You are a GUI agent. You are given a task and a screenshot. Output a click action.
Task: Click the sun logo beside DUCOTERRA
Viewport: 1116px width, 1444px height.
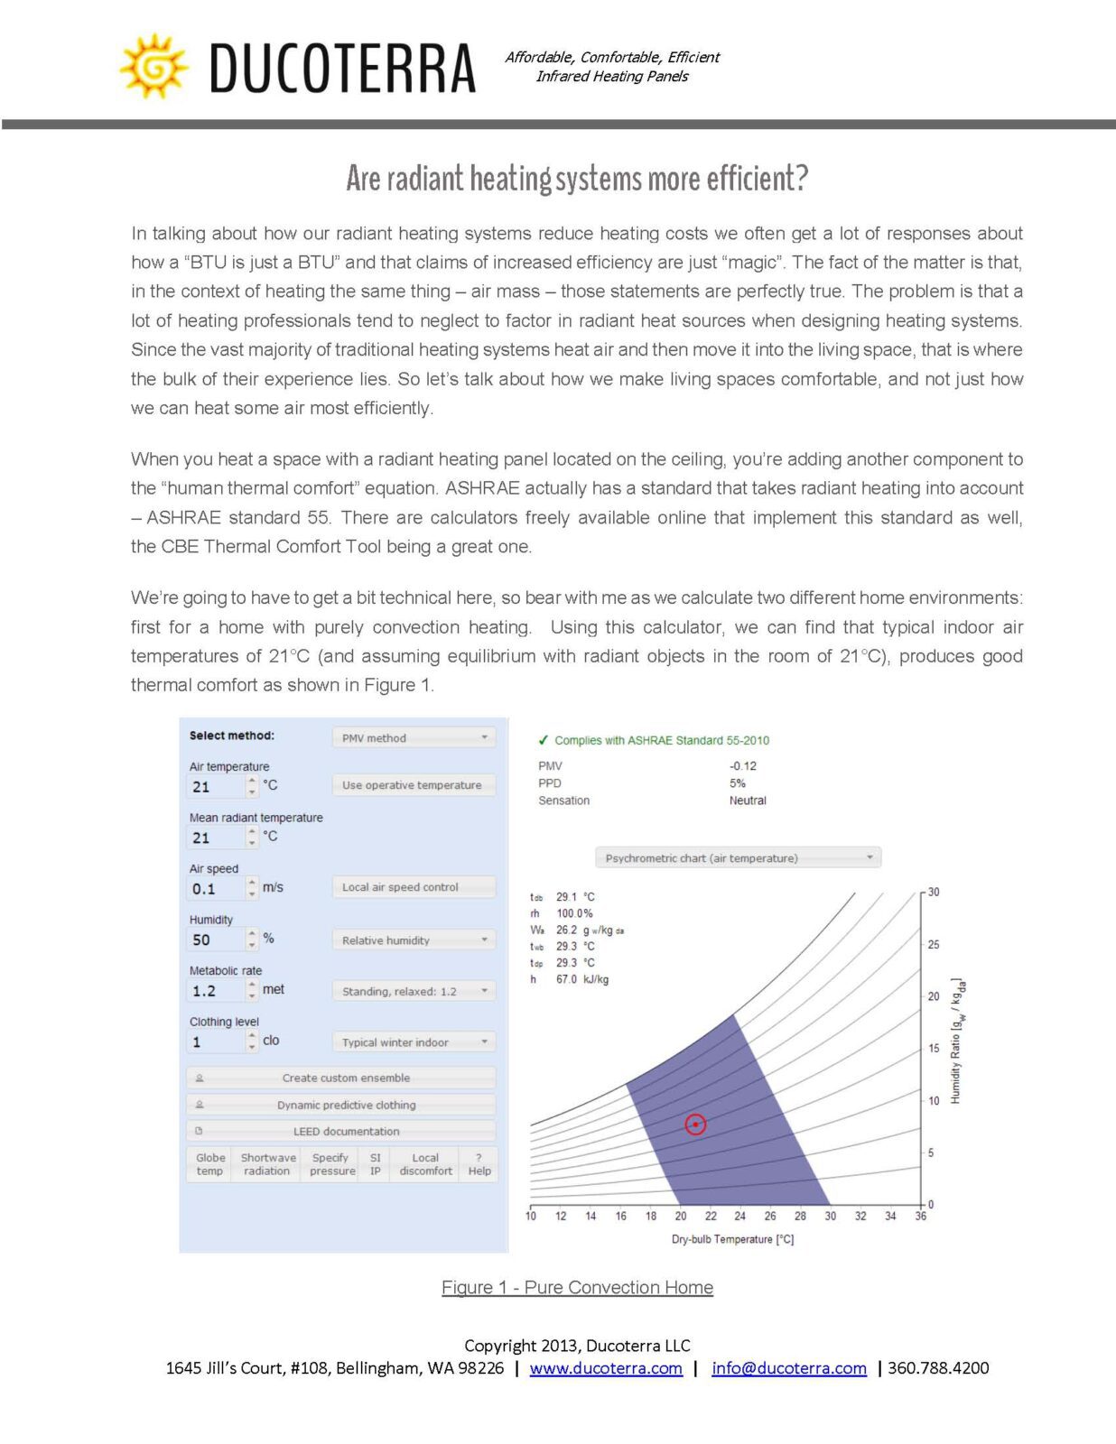tap(153, 66)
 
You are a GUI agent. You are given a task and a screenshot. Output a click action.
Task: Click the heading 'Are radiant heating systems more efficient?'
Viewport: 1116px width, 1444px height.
tap(577, 179)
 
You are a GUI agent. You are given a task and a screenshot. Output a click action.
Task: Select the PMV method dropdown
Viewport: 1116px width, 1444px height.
tap(414, 737)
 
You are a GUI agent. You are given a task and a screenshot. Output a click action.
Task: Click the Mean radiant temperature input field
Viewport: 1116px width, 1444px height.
tap(216, 838)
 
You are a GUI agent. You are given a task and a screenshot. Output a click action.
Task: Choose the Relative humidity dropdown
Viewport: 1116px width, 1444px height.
tap(414, 940)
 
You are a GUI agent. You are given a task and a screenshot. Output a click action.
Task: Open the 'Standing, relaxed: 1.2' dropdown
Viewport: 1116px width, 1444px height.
tap(414, 991)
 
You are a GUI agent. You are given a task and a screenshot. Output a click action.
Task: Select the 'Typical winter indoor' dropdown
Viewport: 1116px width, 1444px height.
tap(414, 1042)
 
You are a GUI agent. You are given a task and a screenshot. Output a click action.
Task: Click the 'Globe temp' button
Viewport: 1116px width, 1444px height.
tap(209, 1164)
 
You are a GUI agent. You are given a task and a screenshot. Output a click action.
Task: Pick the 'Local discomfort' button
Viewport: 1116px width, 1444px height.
tap(425, 1164)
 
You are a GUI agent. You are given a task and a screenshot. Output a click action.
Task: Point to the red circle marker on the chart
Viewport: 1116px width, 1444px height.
tap(695, 1125)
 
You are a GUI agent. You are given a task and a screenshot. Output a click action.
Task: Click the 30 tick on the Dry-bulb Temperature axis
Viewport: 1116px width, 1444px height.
tap(830, 1216)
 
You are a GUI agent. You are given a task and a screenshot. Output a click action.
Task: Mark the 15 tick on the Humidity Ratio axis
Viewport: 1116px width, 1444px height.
tap(934, 1049)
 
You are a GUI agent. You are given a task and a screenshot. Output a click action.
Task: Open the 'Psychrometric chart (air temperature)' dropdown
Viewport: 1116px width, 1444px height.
tap(738, 858)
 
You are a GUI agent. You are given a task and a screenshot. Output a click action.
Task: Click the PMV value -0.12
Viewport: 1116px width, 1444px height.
tap(743, 766)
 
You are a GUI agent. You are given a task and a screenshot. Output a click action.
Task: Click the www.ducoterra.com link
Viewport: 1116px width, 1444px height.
tap(606, 1368)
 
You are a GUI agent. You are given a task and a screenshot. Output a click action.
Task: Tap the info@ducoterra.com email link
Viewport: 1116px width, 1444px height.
tap(789, 1368)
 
